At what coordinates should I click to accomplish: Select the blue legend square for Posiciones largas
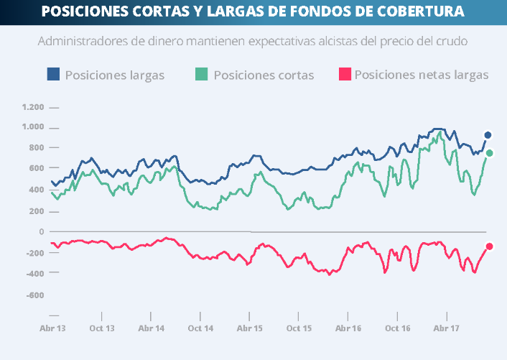53,74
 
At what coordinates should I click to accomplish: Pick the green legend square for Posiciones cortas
202,74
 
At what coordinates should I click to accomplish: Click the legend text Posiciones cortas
264,75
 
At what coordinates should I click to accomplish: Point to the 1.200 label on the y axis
33,107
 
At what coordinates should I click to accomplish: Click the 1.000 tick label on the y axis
33,127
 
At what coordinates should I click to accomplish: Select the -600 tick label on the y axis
34,295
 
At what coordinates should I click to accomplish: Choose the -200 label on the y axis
34,253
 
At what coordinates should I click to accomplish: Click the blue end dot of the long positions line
488,135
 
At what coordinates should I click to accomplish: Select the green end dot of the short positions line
490,153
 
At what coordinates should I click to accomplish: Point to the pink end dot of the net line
490,246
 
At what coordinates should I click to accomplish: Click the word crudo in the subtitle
452,42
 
